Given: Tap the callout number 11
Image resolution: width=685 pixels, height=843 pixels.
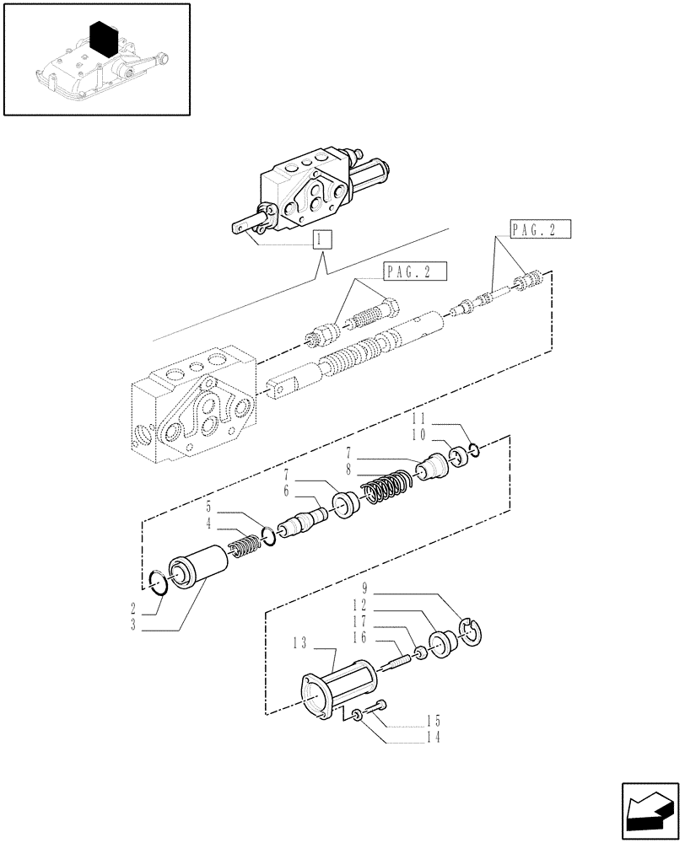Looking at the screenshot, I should click(419, 418).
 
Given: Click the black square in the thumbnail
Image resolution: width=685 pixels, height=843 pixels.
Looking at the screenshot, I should click(103, 40).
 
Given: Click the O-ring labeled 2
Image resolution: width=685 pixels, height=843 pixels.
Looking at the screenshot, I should click(158, 581).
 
